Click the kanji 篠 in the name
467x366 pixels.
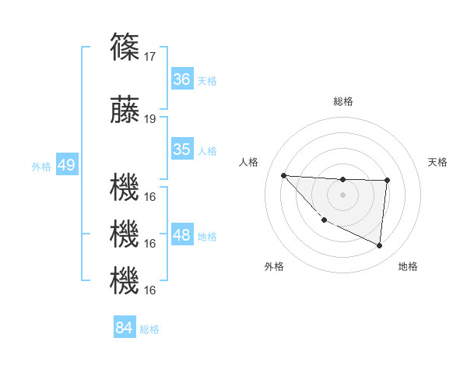click(125, 46)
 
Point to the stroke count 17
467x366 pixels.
click(151, 56)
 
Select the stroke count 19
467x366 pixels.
click(151, 119)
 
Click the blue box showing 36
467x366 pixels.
click(182, 79)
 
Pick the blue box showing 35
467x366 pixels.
click(182, 150)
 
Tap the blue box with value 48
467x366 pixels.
click(182, 235)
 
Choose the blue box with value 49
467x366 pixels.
click(66, 165)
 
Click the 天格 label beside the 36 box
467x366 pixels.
click(207, 80)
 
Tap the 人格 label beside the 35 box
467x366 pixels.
click(207, 150)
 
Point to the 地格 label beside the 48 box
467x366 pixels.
click(207, 236)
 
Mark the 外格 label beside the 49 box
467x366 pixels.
click(41, 166)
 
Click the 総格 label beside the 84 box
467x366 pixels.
click(149, 329)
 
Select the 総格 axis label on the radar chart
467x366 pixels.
click(342, 101)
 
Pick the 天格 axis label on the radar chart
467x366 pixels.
click(438, 162)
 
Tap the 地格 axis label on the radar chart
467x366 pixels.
click(408, 266)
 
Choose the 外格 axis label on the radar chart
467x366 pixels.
click(274, 266)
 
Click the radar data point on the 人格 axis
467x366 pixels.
click(283, 175)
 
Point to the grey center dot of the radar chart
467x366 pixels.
click(342, 194)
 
